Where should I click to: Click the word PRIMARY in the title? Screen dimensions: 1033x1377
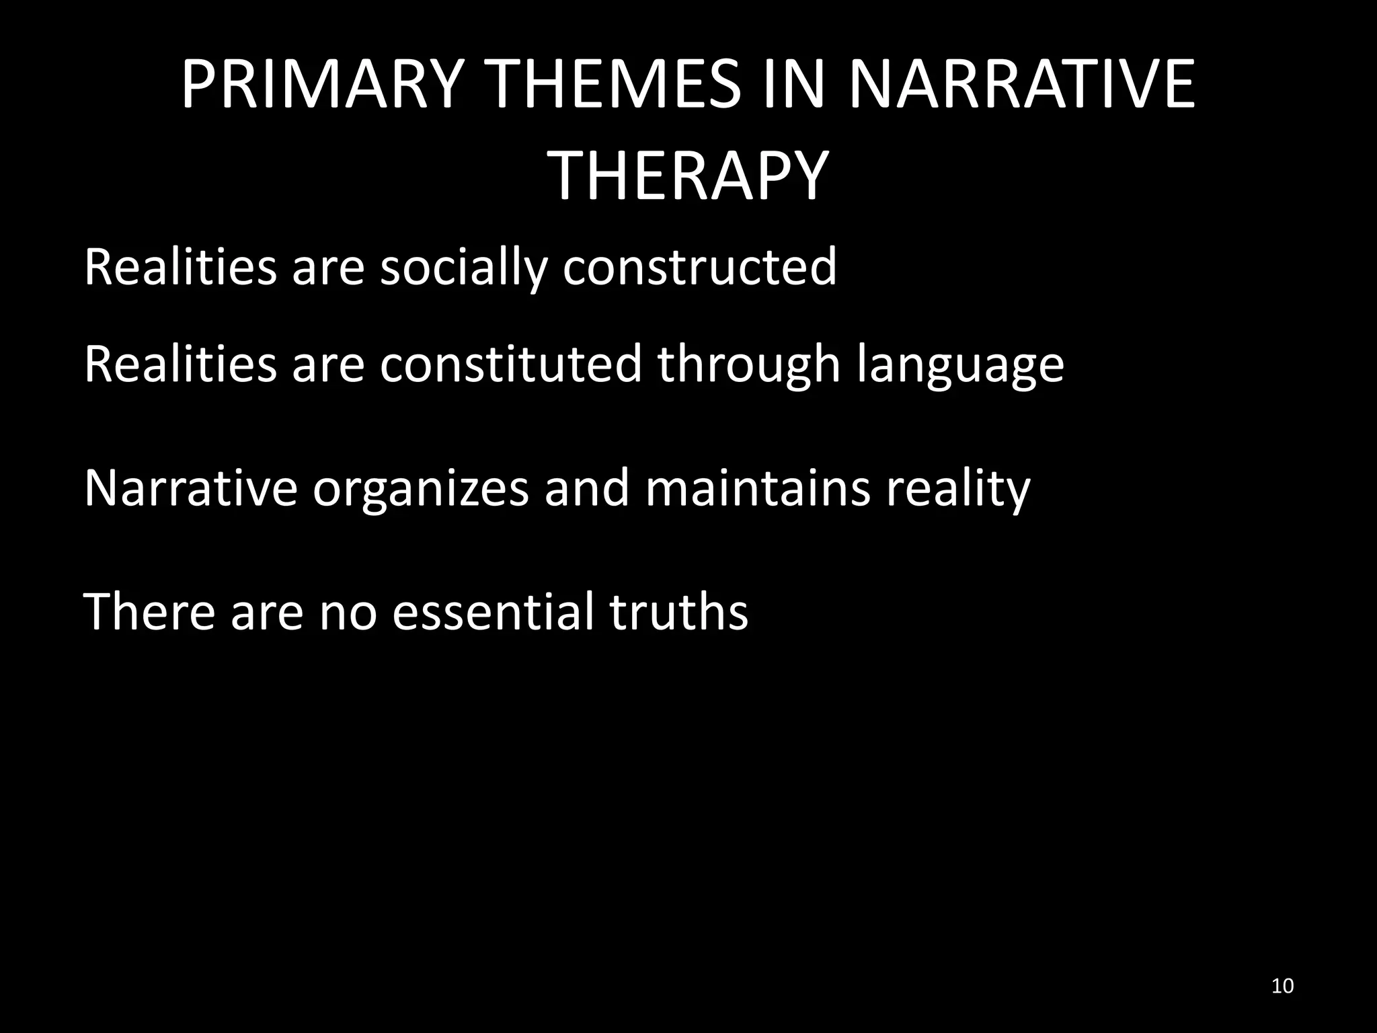click(x=322, y=85)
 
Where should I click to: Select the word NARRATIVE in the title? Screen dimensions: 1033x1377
click(x=1021, y=85)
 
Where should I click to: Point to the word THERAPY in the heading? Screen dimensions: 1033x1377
click(x=688, y=177)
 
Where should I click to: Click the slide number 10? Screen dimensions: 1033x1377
click(x=1283, y=987)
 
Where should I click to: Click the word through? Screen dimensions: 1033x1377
click(x=749, y=365)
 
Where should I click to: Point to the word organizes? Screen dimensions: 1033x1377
click(x=421, y=489)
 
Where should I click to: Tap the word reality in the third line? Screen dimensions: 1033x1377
click(x=958, y=489)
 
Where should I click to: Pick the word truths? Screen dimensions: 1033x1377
click(x=678, y=611)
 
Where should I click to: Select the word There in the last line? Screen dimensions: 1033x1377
click(x=149, y=611)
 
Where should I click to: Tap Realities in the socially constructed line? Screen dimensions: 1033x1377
click(x=180, y=267)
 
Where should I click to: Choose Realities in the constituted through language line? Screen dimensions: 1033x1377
click(x=180, y=365)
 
